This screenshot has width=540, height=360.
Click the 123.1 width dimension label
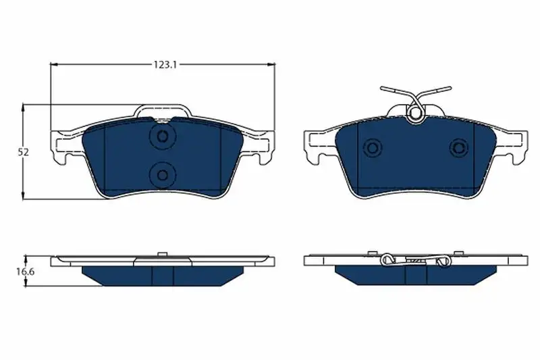165,64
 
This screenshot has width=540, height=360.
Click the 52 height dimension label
24,153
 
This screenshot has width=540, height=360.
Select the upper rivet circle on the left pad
162,136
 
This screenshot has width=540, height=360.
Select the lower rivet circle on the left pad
162,175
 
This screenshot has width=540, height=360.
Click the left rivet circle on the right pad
373,148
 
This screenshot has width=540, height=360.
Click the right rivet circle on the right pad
459,148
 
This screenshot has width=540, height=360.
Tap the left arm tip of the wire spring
382,88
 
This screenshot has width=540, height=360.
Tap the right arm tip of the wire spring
449,88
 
